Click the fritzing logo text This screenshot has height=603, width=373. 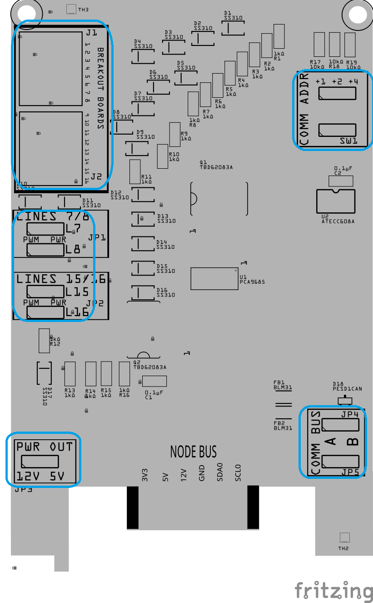coord(333,591)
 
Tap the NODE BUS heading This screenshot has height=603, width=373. coord(193,452)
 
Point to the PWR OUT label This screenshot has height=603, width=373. coord(45,447)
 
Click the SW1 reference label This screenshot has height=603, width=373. coord(349,141)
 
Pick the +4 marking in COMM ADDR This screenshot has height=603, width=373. coord(353,81)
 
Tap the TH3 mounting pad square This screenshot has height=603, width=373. coord(72,9)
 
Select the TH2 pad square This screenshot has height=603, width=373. coord(344,538)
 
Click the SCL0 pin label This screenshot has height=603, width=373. coord(238,473)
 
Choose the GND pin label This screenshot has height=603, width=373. coord(202,473)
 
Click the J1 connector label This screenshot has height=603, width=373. coord(91,33)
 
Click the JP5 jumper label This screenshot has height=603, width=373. coord(350,472)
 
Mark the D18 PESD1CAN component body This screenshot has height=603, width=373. coord(345,400)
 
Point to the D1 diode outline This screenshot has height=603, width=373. coord(233,28)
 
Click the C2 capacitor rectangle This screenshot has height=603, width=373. coord(340,181)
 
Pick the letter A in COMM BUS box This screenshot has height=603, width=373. coord(331,441)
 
